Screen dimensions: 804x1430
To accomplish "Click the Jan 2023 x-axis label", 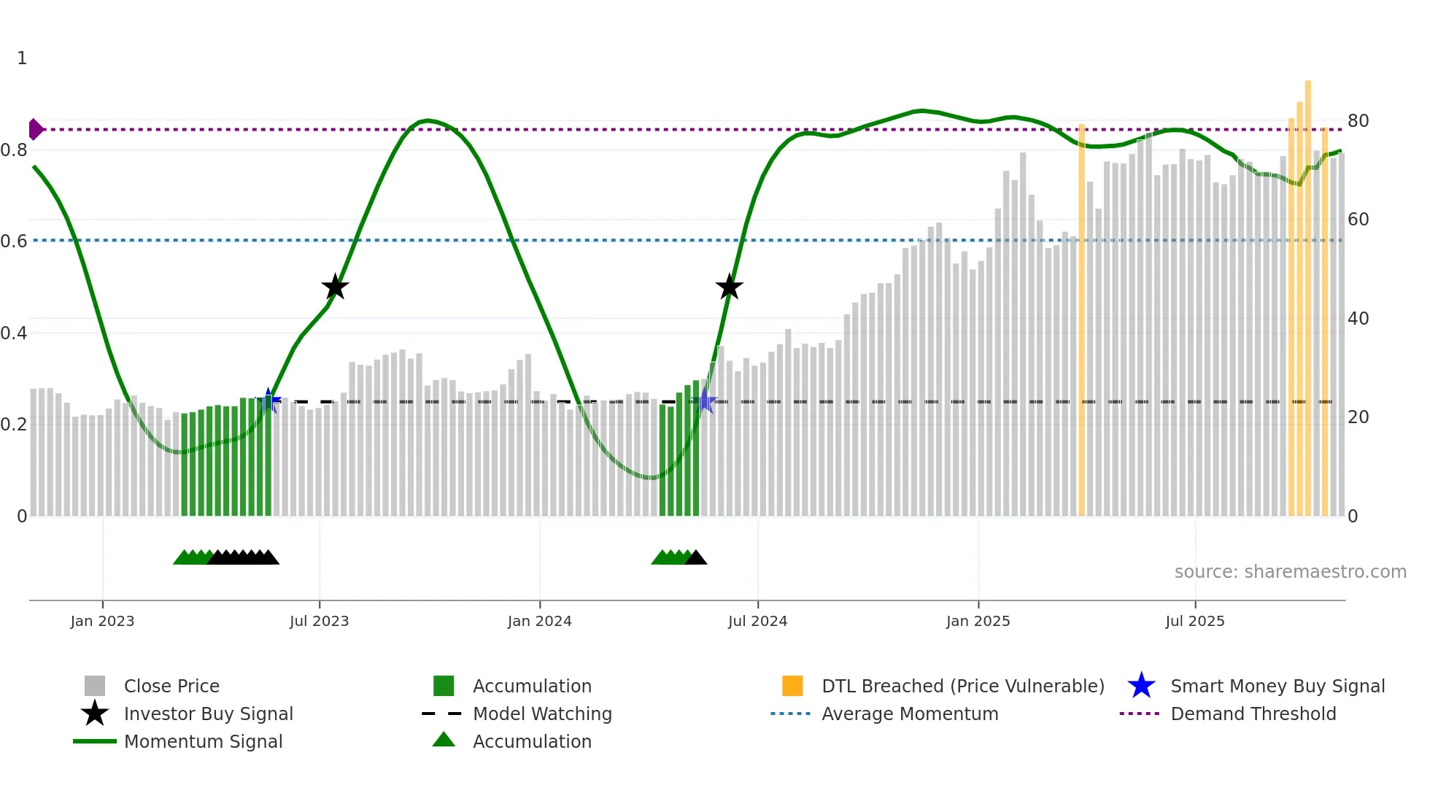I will [x=102, y=621].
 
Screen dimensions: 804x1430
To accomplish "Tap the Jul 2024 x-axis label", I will [x=757, y=621].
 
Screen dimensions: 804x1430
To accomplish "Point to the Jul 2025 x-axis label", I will [x=1194, y=621].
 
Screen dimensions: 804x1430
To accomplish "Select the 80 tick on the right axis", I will [x=1358, y=121].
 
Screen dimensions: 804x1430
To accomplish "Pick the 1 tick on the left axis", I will [x=22, y=58].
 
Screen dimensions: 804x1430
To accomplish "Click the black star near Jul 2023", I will [x=335, y=287].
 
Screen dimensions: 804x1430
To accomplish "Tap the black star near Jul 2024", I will [x=729, y=287].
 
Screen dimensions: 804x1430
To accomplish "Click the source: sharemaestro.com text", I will [x=1290, y=572].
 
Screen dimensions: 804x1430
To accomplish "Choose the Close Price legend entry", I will [x=171, y=686].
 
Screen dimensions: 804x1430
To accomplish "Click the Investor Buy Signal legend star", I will [x=95, y=714].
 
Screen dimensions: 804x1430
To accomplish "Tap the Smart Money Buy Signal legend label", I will [x=1278, y=686].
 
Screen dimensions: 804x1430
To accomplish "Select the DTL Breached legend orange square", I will [x=792, y=686].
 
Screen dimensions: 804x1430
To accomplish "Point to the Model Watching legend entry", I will [x=542, y=714].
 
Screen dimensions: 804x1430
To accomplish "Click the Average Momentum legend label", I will [x=910, y=714].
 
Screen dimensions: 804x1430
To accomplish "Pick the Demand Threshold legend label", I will [x=1253, y=714].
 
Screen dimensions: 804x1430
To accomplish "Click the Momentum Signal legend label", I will [x=203, y=741].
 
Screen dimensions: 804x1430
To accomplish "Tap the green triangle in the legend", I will [x=444, y=740].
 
